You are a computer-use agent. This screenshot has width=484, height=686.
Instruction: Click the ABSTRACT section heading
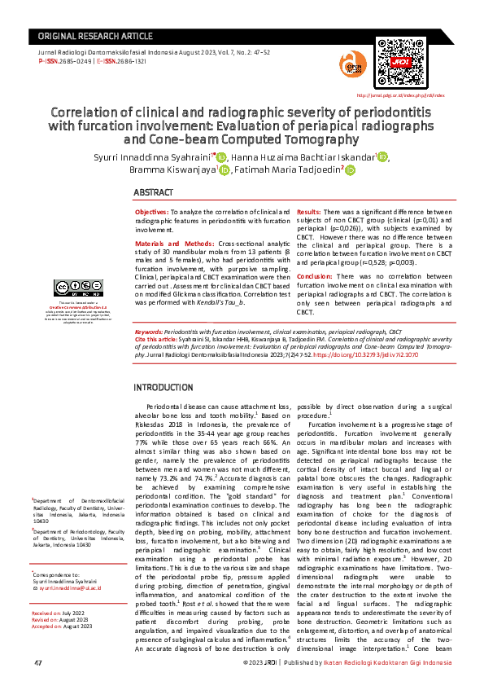(153, 192)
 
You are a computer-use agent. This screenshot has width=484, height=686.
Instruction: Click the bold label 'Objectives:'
(152, 211)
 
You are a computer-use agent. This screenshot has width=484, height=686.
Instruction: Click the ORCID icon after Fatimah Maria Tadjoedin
(351, 170)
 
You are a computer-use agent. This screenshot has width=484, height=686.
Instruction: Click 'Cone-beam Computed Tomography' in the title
(242, 139)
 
